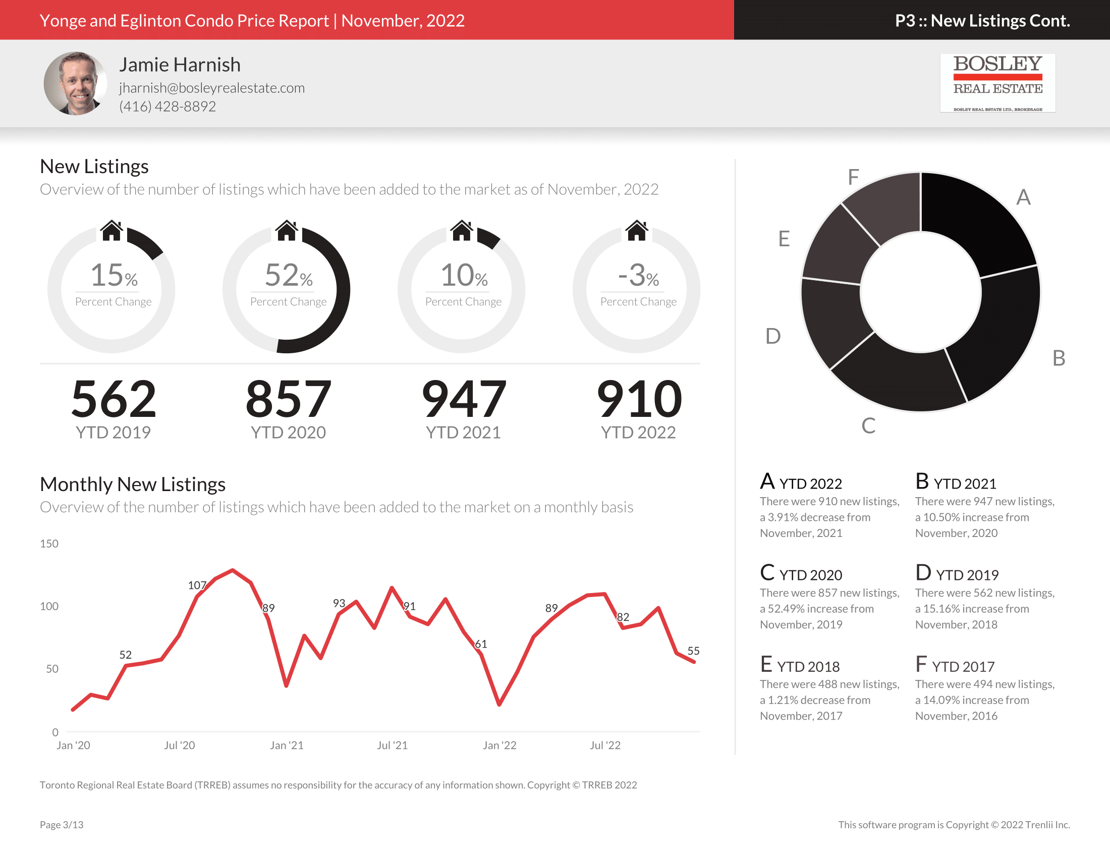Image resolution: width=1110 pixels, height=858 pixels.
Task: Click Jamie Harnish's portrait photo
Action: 75,83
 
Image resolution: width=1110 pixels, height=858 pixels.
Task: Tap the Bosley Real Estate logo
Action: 997,83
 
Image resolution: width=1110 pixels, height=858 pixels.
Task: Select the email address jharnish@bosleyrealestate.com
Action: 212,88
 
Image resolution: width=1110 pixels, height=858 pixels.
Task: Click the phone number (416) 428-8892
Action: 167,106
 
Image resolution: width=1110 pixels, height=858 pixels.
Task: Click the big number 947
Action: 464,399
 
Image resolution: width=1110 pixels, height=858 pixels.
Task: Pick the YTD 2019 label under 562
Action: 113,433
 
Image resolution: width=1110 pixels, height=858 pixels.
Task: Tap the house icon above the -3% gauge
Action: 636,231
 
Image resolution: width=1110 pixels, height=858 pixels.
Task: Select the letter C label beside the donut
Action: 868,426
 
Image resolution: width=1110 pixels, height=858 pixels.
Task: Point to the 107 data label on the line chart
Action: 197,585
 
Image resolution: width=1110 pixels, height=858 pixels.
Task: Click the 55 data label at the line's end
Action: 693,651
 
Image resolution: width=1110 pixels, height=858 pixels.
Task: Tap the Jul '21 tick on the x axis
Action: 392,745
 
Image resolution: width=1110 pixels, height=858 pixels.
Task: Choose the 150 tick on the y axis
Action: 49,544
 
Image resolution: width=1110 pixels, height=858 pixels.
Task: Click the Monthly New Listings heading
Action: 132,485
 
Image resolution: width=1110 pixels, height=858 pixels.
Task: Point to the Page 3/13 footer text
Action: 62,825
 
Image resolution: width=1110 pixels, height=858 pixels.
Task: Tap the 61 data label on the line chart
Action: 481,644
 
